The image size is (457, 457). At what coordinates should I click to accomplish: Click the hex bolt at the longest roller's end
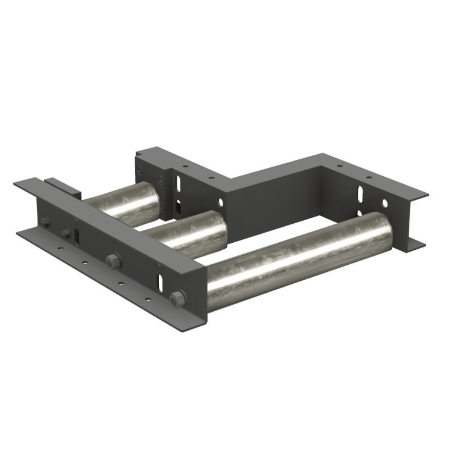pos(177,299)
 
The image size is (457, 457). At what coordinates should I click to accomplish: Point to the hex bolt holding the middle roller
pos(111,260)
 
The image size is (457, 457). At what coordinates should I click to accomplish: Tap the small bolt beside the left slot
pos(65,234)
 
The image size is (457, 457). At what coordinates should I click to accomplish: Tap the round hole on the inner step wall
pos(210,177)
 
